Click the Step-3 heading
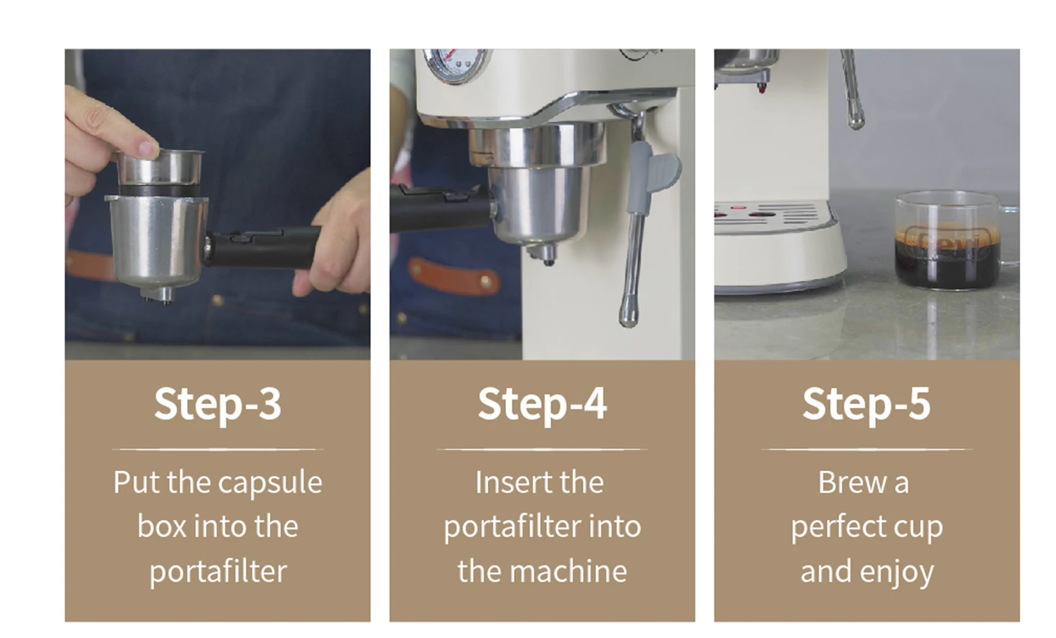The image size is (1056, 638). (218, 404)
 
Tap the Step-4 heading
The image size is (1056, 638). (542, 404)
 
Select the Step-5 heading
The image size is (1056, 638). (867, 404)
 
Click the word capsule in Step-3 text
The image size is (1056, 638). (270, 483)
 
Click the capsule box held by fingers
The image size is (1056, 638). (160, 172)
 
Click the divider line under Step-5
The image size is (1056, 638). (867, 449)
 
